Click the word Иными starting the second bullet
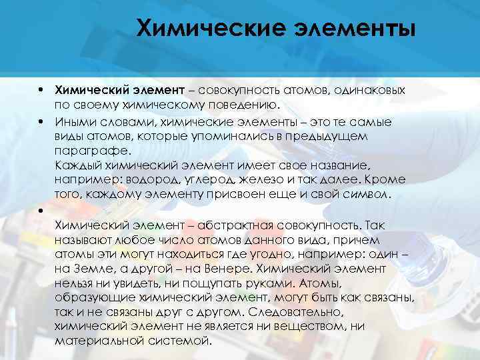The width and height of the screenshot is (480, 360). (x=72, y=121)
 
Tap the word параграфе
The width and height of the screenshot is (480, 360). (x=85, y=151)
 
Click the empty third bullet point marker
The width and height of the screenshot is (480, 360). (x=41, y=211)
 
